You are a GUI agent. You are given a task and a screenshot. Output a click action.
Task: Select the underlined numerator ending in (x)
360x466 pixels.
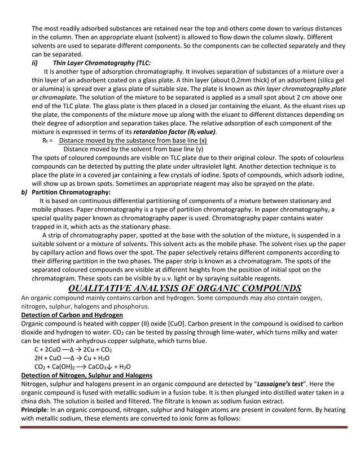(133, 140)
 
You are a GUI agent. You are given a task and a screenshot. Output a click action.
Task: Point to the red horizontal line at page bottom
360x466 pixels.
(180, 427)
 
